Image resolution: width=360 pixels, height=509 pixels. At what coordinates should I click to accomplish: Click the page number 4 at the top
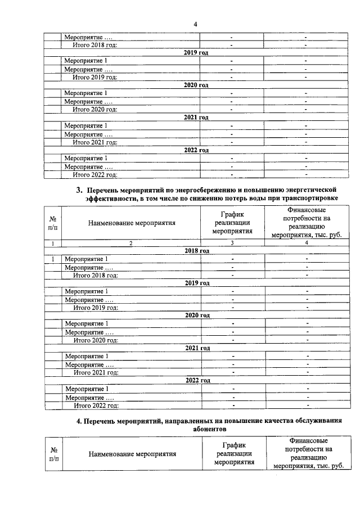195,24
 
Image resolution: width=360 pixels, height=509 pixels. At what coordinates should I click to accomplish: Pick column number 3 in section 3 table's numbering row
232,243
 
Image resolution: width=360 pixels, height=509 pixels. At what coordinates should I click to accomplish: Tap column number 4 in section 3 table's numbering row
307,243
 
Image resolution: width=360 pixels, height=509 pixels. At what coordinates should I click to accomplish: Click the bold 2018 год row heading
196,250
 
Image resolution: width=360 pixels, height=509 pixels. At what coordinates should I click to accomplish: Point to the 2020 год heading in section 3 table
197,316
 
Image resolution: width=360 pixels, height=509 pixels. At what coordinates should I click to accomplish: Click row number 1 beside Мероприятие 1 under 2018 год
53,259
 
